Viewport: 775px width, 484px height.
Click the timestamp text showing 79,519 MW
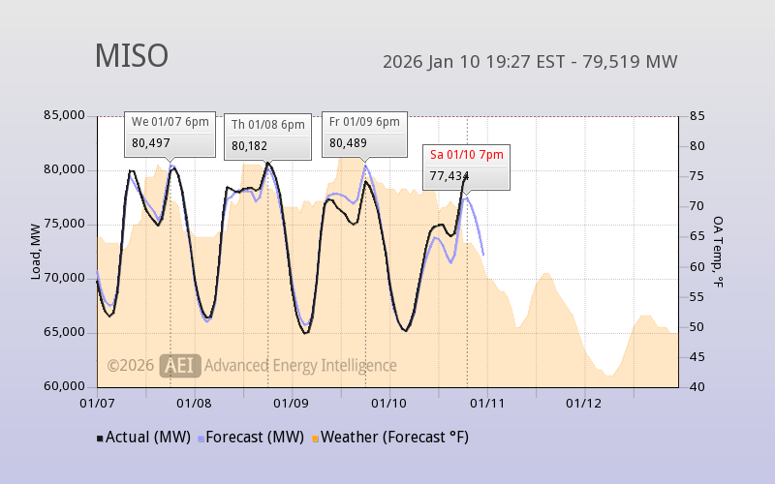[x=530, y=62]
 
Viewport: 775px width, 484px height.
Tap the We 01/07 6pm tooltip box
[x=170, y=133]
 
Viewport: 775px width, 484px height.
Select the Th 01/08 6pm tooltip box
[x=268, y=136]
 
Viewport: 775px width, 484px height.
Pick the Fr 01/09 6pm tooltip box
[x=364, y=133]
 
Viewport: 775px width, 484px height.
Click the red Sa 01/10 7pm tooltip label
[x=466, y=154]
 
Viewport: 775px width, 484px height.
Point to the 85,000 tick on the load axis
[x=65, y=115]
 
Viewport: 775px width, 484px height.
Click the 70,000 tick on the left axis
[x=65, y=278]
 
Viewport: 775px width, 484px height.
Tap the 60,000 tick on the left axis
[x=65, y=386]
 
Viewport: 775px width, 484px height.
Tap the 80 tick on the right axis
[x=697, y=146]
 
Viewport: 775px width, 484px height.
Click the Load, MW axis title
[x=36, y=251]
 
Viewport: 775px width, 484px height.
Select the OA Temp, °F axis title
[x=719, y=252]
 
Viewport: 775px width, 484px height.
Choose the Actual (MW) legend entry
[x=142, y=437]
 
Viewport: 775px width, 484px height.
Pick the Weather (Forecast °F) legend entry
[x=390, y=437]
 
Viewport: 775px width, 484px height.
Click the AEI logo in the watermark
[x=180, y=365]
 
